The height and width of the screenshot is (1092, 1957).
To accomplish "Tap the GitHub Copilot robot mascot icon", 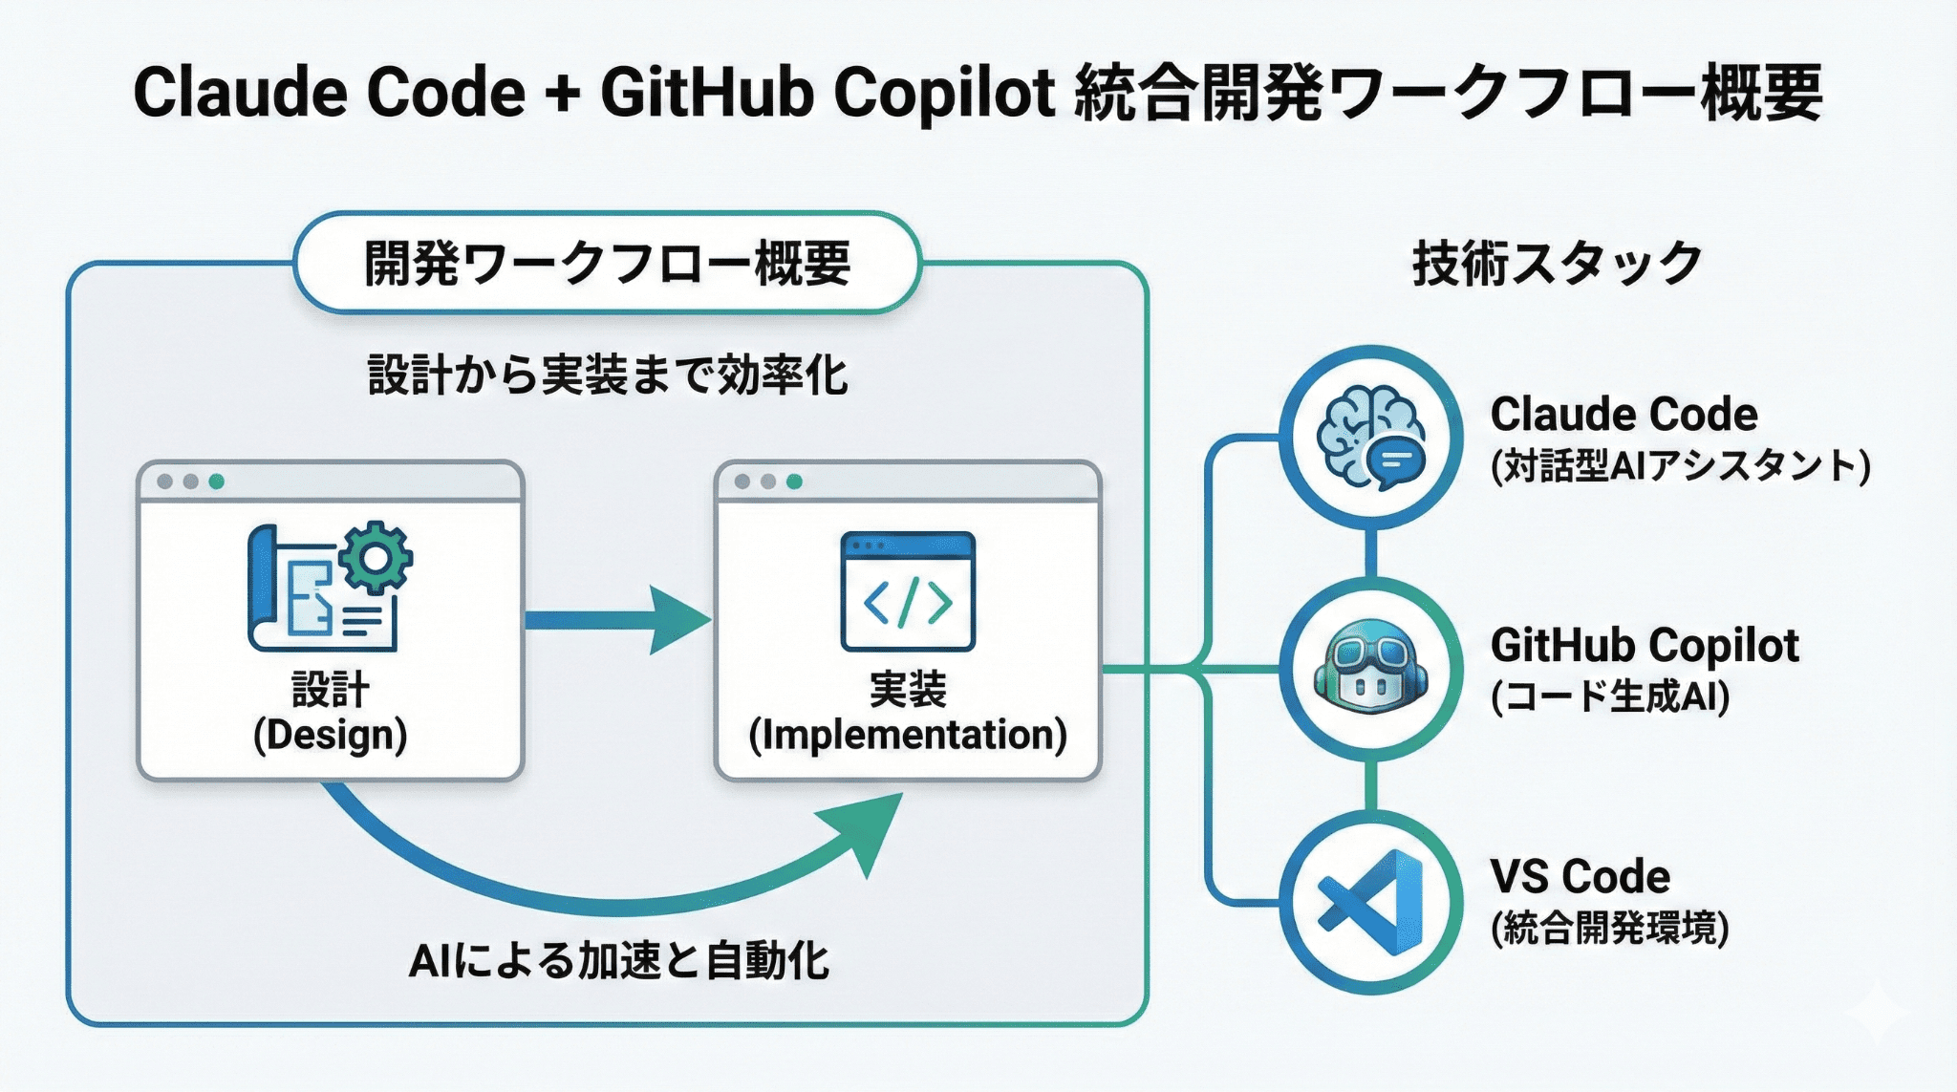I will point(1371,670).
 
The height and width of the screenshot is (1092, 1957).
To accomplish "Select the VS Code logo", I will point(1371,902).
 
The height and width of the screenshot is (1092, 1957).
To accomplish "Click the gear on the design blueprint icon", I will point(376,557).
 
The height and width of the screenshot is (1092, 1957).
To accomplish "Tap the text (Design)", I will point(331,735).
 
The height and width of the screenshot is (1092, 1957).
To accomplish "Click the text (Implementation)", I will point(908,735).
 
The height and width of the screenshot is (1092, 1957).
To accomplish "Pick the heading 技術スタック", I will point(1558,264).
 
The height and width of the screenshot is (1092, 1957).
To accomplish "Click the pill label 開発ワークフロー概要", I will point(608,264).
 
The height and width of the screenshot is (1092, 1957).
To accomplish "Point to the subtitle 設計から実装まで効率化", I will point(608,375).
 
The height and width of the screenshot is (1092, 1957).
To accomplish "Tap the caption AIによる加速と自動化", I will point(619,960).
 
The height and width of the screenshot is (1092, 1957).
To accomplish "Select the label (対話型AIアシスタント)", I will point(1680,466).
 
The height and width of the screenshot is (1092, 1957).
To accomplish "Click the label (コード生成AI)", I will point(1610,696).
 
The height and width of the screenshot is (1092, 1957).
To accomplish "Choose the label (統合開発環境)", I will point(1610,928).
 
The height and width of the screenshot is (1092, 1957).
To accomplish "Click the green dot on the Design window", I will point(217,482).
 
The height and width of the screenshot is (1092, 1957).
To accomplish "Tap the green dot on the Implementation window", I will point(794,482).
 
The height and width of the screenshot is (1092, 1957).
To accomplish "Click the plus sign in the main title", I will point(564,94).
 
